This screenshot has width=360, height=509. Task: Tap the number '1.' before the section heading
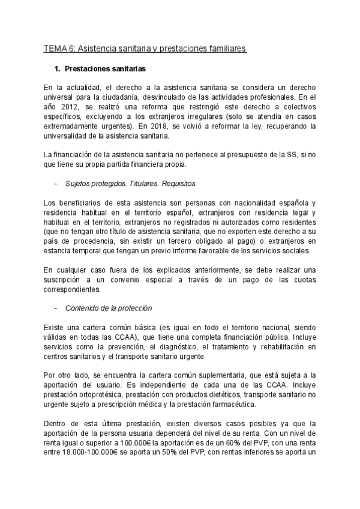coord(58,69)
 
